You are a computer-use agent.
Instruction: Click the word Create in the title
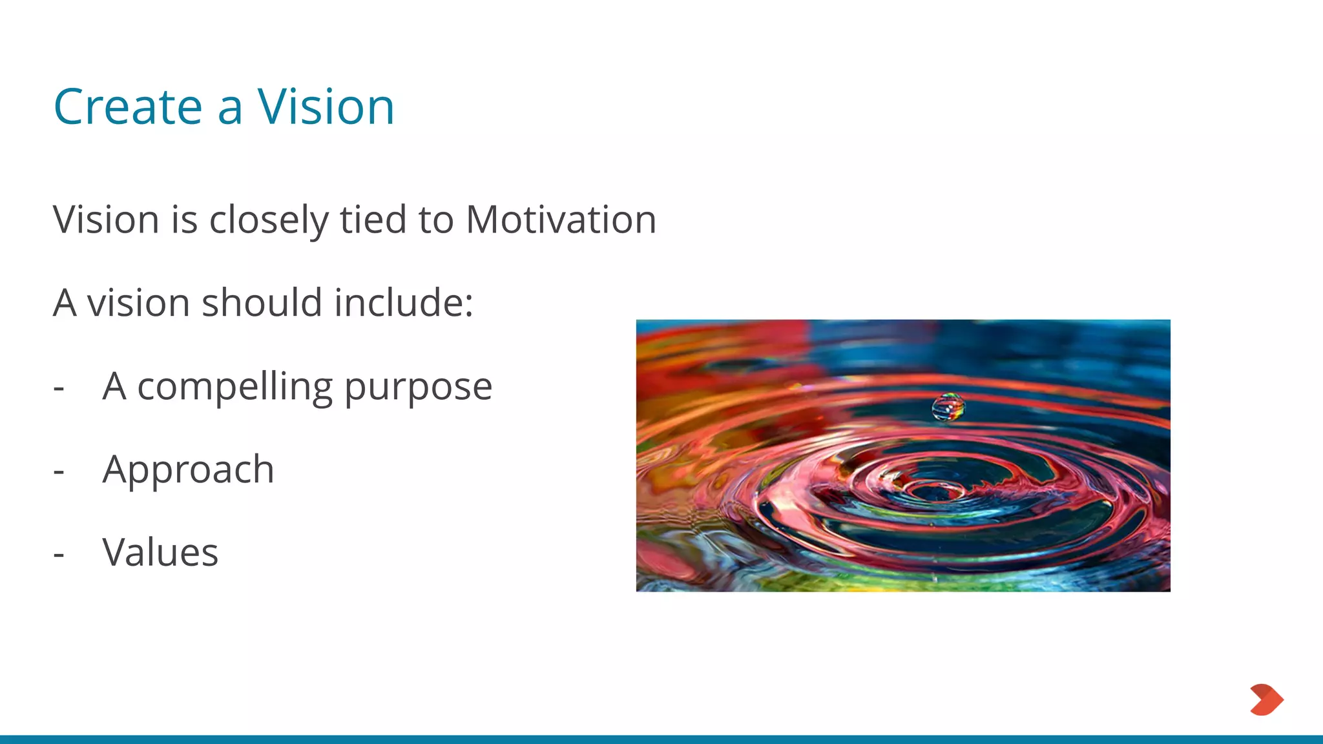click(128, 107)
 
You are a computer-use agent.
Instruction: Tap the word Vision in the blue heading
click(326, 107)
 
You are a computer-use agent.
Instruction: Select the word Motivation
click(561, 220)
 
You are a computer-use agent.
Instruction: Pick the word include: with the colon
click(404, 302)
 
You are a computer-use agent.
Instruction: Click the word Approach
click(189, 470)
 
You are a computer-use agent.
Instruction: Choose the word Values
click(160, 553)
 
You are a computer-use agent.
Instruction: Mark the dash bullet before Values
click(59, 555)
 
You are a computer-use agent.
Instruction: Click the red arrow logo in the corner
click(1266, 699)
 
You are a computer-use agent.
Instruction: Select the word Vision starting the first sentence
click(107, 220)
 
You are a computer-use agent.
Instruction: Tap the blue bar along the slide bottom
click(661, 739)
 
